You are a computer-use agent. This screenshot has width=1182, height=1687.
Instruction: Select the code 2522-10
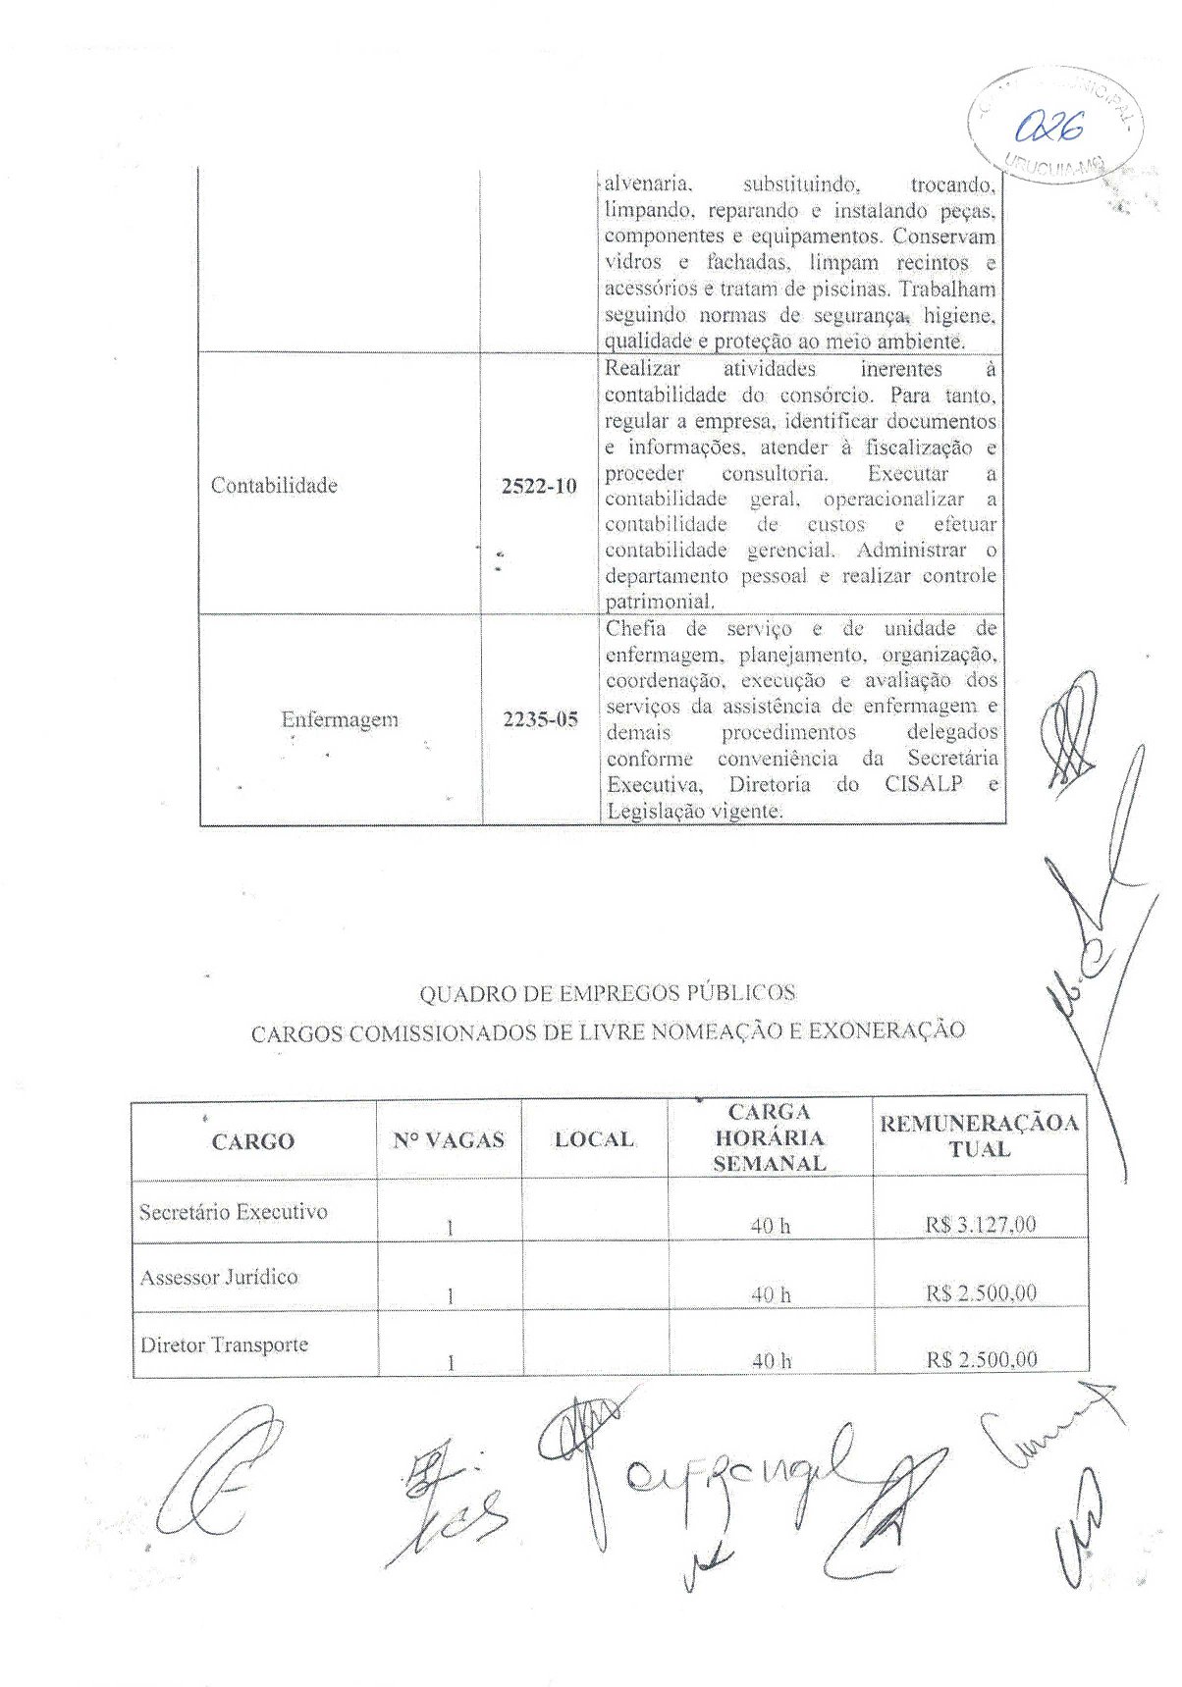539,486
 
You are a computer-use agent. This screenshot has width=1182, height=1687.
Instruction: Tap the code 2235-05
540,719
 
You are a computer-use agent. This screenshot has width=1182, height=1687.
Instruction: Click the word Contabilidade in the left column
274,486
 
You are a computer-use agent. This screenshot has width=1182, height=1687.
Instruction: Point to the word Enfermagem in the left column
340,719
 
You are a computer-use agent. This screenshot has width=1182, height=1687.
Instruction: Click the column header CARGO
252,1141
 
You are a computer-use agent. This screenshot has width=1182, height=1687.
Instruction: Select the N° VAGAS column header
449,1140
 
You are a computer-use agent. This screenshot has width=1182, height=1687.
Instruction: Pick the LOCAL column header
594,1139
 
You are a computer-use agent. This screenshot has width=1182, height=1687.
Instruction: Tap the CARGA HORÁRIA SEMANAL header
770,1138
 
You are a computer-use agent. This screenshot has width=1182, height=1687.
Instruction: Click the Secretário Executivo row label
233,1212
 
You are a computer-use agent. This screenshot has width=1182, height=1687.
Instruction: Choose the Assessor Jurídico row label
219,1278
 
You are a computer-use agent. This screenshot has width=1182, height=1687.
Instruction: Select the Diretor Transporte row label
224,1344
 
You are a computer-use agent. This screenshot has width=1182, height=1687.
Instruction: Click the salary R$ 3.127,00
981,1225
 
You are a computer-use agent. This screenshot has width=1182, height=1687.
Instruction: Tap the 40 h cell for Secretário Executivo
771,1226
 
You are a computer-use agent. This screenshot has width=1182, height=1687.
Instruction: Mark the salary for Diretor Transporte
981,1360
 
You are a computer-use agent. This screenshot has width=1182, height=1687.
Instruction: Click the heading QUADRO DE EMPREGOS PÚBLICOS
608,994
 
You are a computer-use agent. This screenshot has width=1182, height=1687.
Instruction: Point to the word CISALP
924,785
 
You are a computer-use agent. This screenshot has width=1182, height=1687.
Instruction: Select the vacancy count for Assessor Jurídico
450,1296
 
